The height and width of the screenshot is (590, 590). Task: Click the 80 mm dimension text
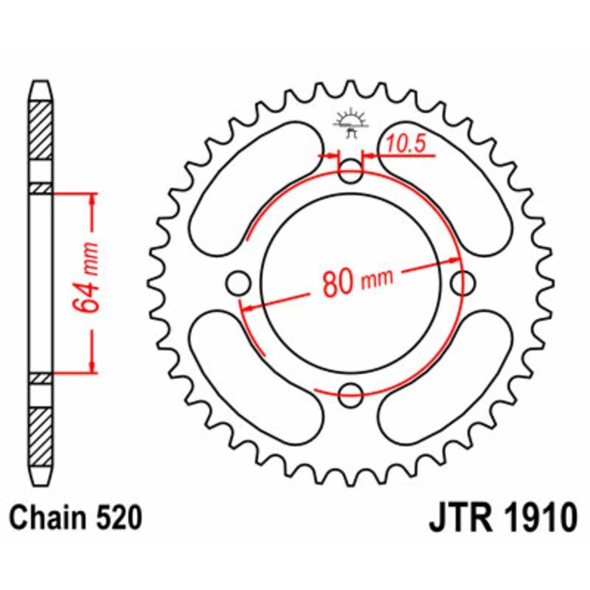[357, 282]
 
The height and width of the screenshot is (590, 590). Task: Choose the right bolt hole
[463, 282]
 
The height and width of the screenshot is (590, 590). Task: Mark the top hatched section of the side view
[41, 130]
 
